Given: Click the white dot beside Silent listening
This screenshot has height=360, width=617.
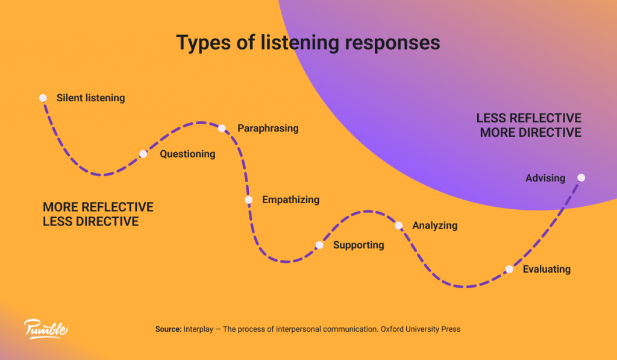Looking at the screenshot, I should click(x=43, y=98).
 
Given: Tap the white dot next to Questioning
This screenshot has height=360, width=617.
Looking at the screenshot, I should click(x=143, y=154).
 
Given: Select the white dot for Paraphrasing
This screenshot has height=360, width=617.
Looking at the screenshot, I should click(x=222, y=128).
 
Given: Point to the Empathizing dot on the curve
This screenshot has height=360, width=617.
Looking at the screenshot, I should click(x=248, y=200).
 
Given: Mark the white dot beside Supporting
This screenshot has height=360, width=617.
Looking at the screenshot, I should click(x=319, y=245).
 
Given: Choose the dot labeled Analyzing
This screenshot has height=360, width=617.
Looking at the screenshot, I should click(x=398, y=226).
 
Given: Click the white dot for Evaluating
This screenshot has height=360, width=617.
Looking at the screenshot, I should click(x=509, y=270).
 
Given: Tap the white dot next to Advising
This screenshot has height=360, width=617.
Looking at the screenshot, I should click(x=581, y=177).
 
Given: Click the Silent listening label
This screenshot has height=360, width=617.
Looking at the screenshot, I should click(x=91, y=98).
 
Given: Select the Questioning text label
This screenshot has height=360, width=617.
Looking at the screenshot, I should click(x=187, y=154).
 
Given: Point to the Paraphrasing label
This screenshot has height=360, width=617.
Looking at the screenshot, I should click(x=268, y=128).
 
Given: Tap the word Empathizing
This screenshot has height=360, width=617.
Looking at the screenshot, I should click(x=291, y=200).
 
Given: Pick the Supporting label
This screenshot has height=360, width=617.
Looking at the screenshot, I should click(x=359, y=245).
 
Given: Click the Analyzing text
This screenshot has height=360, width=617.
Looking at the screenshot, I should click(x=435, y=226).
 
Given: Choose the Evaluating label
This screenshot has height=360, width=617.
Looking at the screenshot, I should click(x=547, y=270).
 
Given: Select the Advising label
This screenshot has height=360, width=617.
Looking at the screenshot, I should click(x=545, y=178).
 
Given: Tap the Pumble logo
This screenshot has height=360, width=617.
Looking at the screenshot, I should click(x=46, y=329).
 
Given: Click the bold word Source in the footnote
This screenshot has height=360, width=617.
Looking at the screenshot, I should click(x=168, y=329).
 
